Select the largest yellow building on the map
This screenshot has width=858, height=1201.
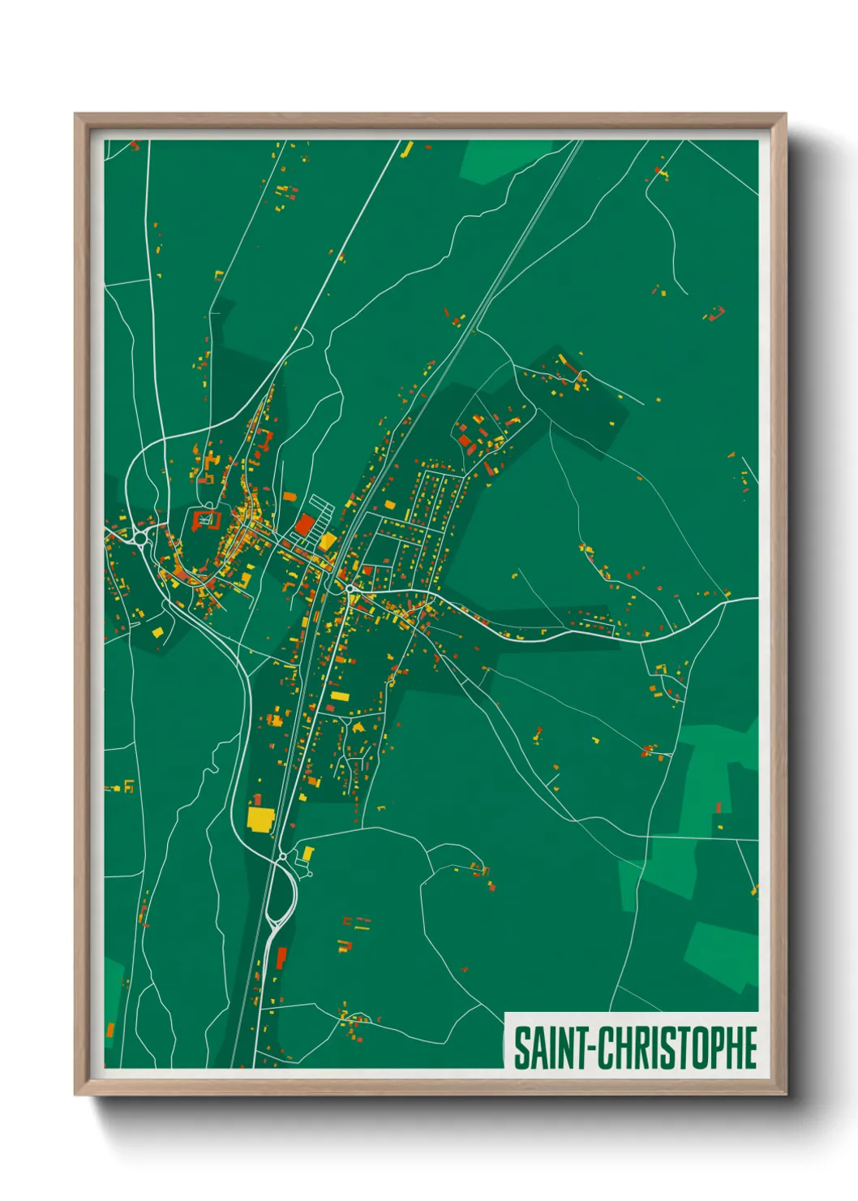tap(260, 818)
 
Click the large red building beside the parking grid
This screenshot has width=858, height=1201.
tap(304, 525)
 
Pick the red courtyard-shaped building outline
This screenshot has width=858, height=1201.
tap(205, 519)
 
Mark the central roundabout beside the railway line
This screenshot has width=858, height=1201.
tap(349, 588)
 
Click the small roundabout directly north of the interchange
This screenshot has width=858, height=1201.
tap(282, 856)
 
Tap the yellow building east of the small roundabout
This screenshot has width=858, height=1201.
tap(307, 854)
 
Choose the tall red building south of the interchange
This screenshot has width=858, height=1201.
tap(281, 958)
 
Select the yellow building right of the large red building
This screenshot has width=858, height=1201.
tap(328, 541)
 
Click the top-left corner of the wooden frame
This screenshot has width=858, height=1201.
tap(76, 115)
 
